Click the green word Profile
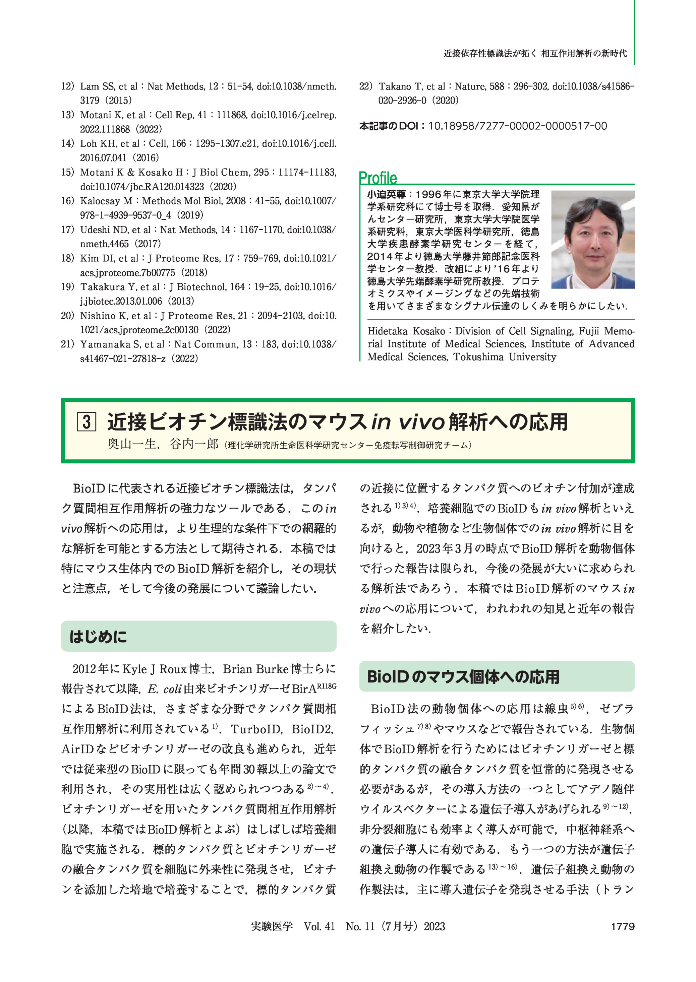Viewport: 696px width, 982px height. (x=378, y=178)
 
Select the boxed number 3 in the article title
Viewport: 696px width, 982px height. (x=86, y=422)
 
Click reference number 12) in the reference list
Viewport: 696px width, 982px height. (x=68, y=86)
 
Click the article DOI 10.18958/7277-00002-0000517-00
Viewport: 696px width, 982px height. (x=518, y=126)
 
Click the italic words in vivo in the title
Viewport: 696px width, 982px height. (x=407, y=422)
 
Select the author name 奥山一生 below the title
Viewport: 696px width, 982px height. (x=131, y=444)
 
